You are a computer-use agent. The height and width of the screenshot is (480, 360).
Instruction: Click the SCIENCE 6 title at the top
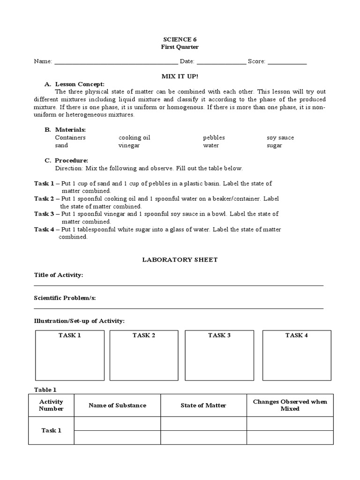point(180,39)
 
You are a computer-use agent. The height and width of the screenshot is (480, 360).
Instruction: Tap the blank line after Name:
point(116,61)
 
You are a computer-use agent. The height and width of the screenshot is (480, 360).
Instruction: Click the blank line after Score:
point(287,61)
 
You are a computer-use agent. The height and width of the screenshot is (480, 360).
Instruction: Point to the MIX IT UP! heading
point(180,75)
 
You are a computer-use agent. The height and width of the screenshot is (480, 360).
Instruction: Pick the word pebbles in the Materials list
point(214,138)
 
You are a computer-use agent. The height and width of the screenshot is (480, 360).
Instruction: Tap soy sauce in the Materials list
point(280,138)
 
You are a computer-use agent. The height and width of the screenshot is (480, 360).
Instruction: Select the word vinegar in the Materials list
point(129,145)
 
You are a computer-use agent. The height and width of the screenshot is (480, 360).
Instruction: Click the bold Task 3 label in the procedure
point(44,214)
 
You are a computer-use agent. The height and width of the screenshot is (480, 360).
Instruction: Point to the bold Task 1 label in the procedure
point(44,183)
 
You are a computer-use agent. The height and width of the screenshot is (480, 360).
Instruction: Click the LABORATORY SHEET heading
point(180,260)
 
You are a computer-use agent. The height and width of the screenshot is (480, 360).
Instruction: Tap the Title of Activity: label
point(59,275)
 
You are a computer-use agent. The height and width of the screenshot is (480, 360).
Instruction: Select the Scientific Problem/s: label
point(65,298)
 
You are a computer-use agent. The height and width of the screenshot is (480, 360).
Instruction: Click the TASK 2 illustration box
point(144,355)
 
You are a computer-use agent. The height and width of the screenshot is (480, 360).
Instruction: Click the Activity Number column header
point(51,405)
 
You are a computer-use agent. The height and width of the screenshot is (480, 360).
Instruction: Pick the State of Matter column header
point(203,405)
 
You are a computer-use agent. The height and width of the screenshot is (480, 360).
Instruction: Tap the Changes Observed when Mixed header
point(290,405)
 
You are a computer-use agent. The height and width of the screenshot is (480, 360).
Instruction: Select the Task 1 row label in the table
point(51,430)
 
